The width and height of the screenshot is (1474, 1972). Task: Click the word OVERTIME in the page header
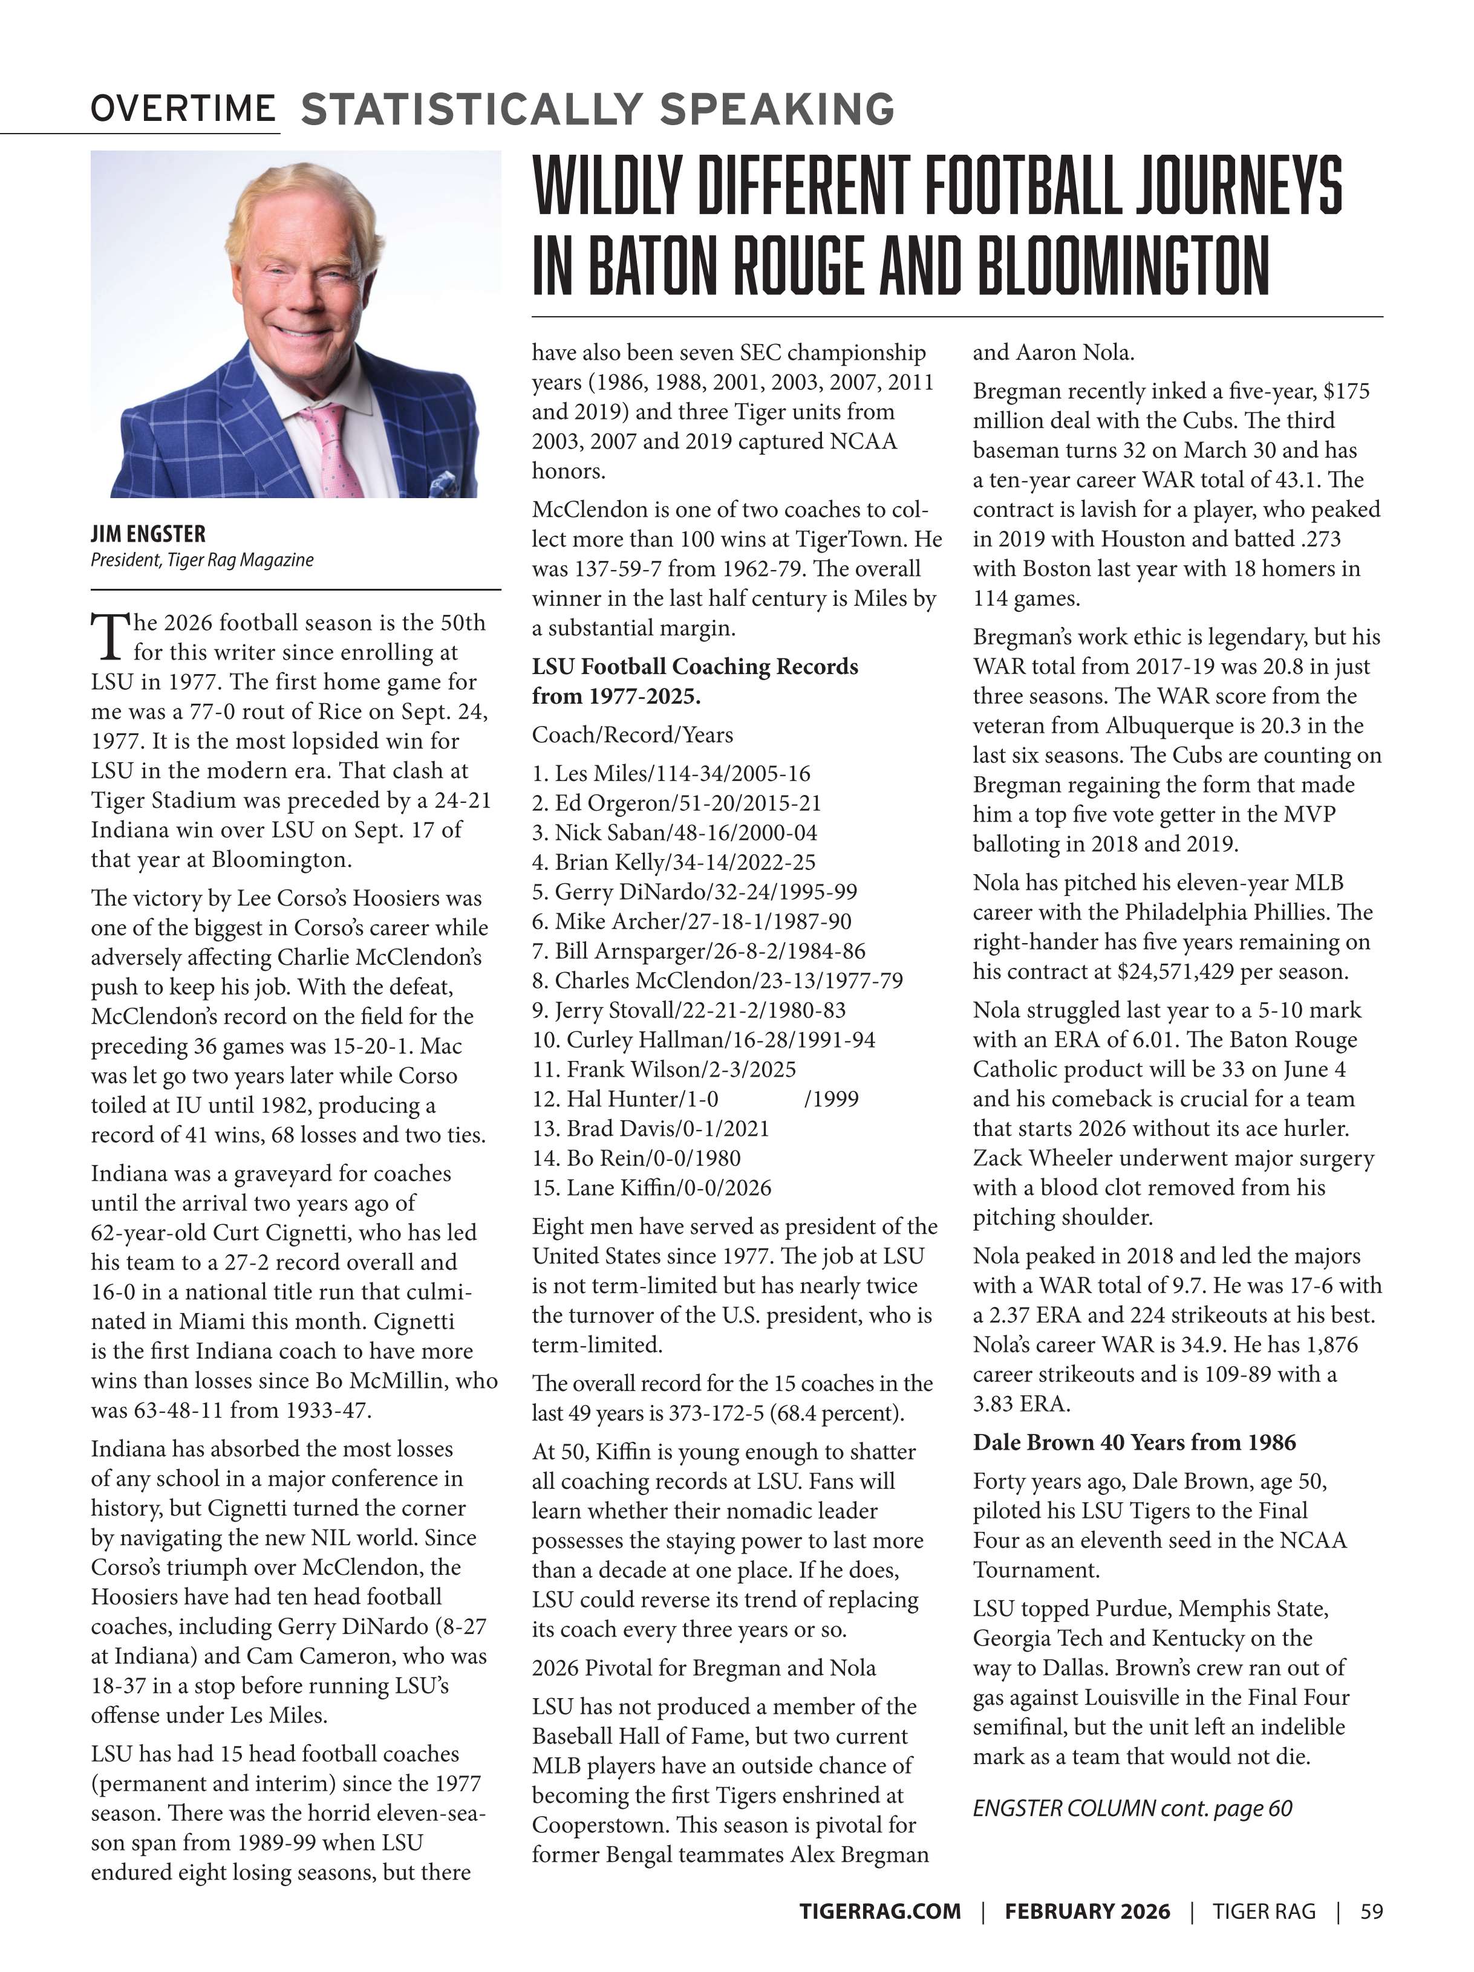tap(182, 109)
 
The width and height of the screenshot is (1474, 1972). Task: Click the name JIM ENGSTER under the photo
tap(148, 534)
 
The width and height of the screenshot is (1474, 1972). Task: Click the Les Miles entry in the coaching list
tap(671, 773)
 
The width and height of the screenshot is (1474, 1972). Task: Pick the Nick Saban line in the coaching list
tap(674, 832)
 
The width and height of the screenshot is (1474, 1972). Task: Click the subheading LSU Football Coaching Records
tap(694, 667)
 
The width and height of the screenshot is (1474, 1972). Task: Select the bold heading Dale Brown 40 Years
tap(1134, 1442)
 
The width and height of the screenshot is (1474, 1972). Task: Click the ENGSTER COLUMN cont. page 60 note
tap(1132, 1808)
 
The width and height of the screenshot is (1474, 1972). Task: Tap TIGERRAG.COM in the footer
tap(879, 1936)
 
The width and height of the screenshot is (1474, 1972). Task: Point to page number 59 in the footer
tap(1371, 1936)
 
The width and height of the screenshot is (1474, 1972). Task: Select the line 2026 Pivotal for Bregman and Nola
tap(703, 1667)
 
